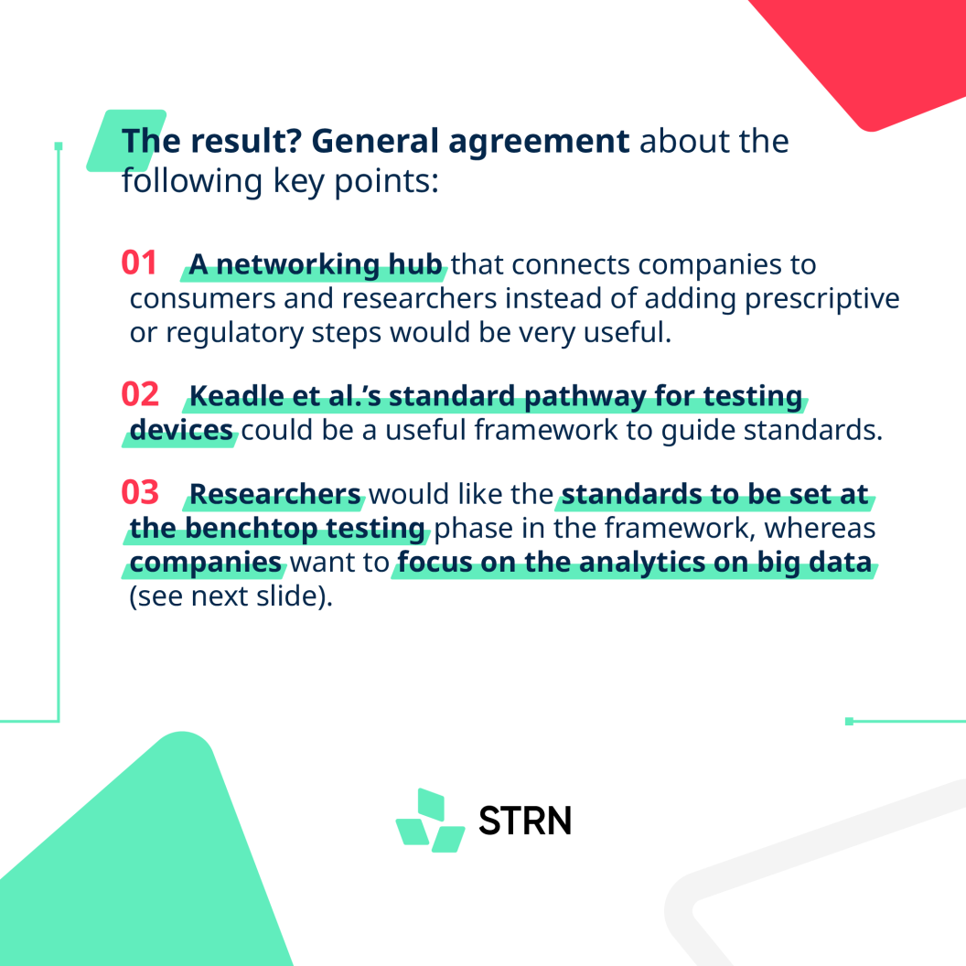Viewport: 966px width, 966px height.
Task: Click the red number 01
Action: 139,263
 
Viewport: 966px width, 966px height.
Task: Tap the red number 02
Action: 140,394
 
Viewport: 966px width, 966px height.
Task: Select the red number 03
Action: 140,492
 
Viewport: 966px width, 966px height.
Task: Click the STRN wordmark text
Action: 525,821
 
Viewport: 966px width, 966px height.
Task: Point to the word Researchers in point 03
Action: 274,494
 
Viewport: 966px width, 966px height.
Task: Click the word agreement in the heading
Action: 539,142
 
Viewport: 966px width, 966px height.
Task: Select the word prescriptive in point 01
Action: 821,299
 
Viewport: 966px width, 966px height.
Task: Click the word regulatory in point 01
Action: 234,333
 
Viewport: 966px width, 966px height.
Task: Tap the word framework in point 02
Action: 545,429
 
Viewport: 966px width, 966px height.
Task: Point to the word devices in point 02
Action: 181,430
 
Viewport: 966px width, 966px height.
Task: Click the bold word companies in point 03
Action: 205,563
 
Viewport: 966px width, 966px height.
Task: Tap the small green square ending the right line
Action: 849,721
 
